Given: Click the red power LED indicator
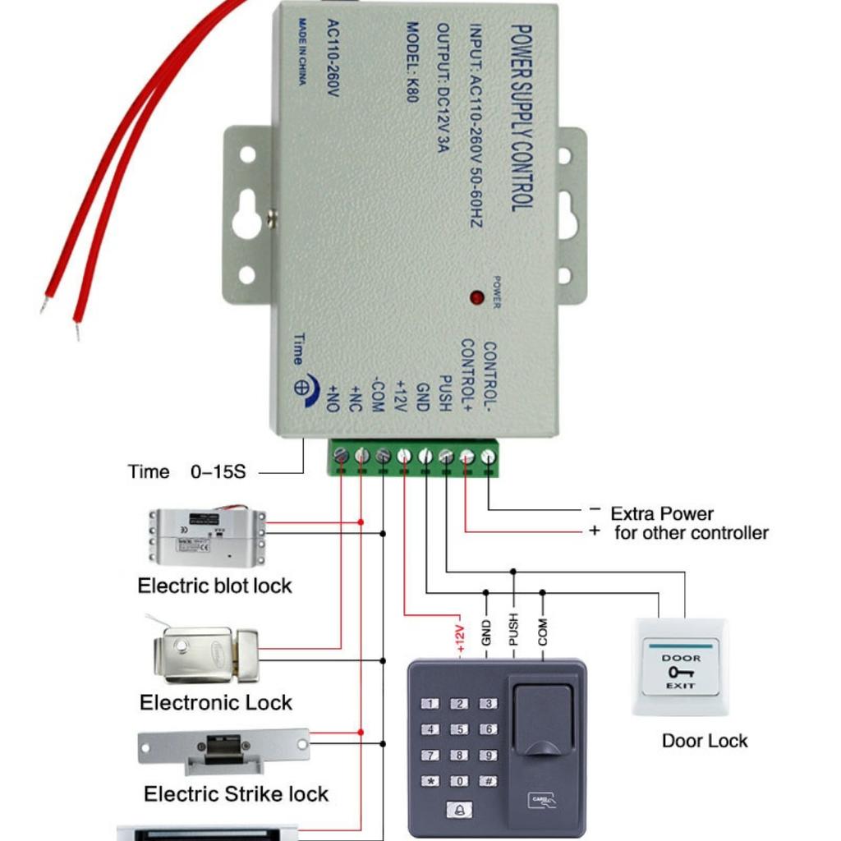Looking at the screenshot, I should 476,297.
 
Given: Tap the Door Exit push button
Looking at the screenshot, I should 680,667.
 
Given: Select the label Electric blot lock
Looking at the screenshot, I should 214,586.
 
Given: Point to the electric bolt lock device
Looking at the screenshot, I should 207,537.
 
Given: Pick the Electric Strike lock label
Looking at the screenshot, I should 236,794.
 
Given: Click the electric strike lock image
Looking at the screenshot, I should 223,749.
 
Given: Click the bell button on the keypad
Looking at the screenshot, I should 459,810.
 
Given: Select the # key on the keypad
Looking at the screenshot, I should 488,782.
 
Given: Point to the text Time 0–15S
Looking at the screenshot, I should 186,472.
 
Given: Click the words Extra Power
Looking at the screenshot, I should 661,514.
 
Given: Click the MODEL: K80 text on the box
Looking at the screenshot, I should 413,61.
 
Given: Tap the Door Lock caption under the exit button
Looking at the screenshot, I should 705,741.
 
